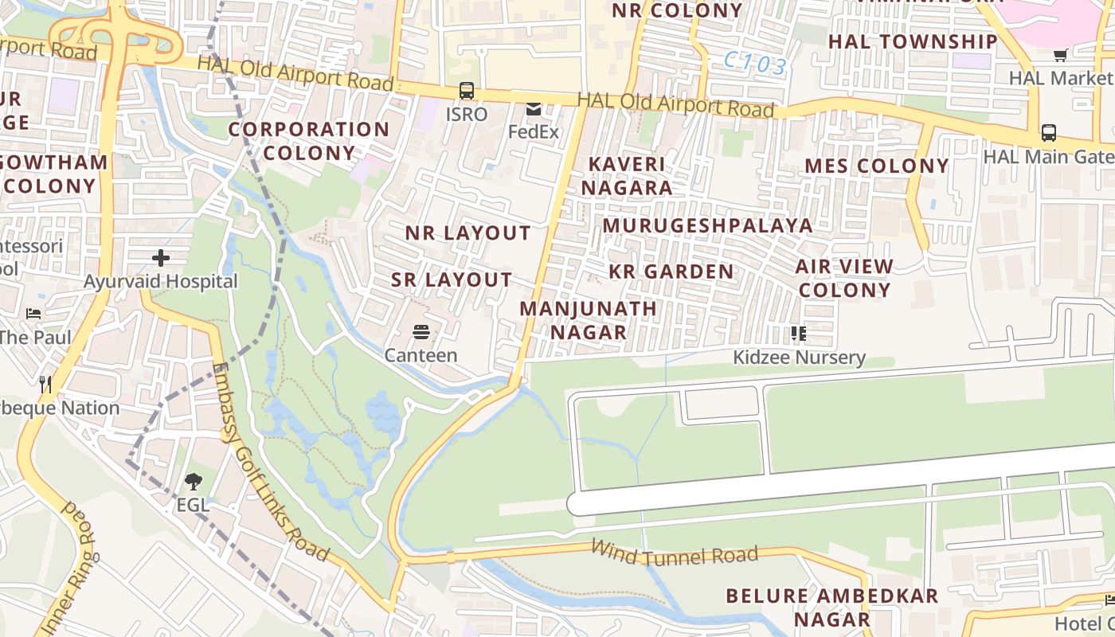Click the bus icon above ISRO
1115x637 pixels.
click(x=467, y=91)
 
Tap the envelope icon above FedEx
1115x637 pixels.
click(x=533, y=109)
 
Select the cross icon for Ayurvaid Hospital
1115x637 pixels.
click(x=161, y=258)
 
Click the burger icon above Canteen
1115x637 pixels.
click(x=421, y=331)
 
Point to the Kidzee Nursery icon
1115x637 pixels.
click(x=799, y=333)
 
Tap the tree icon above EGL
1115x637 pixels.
click(x=193, y=481)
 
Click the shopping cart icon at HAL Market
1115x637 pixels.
click(x=1060, y=55)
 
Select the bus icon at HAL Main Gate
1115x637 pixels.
click(x=1049, y=133)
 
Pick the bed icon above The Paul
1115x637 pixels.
click(x=33, y=314)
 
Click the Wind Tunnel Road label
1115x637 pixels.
click(x=674, y=553)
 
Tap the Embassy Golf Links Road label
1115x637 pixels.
click(x=271, y=461)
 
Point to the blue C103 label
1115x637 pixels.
click(x=756, y=63)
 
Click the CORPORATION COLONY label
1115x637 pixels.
click(x=309, y=141)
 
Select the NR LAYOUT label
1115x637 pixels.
click(x=468, y=233)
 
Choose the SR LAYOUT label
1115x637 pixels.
click(x=452, y=279)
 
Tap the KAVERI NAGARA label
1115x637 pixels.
click(x=626, y=176)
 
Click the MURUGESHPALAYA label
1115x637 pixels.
click(x=707, y=225)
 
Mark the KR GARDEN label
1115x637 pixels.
click(x=671, y=272)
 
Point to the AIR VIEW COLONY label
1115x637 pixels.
click(x=844, y=278)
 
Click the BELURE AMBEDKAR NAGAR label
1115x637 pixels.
click(x=831, y=607)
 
